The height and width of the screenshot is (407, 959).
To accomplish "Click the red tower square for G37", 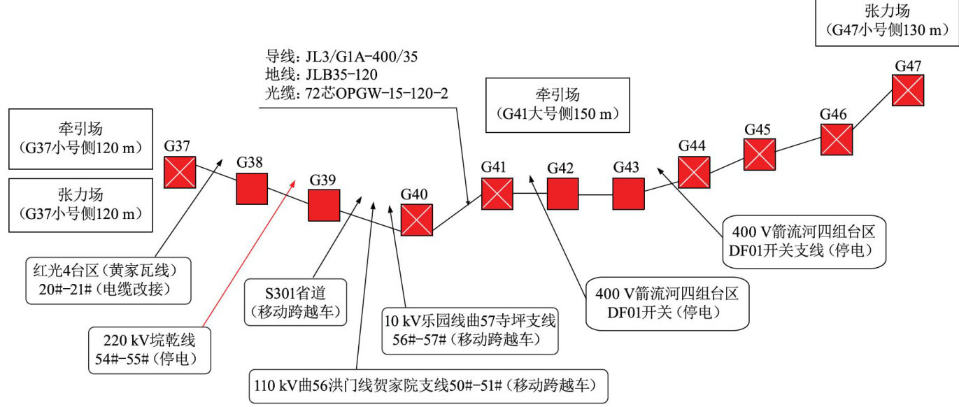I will [x=180, y=172].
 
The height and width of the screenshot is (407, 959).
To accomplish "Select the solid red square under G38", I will [x=251, y=189].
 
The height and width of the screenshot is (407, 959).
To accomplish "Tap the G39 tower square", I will [x=324, y=206].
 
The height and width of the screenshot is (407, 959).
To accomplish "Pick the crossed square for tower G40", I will [x=417, y=220].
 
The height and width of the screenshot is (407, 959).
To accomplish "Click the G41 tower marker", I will [x=497, y=194].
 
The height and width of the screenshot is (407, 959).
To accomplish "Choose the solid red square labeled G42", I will [x=562, y=194].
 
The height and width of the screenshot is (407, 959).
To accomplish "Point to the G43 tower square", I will [x=628, y=194].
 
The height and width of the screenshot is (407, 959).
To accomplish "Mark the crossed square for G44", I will [x=694, y=172].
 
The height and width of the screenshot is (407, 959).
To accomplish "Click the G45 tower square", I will [x=759, y=155].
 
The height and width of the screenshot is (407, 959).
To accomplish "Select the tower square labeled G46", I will [x=836, y=139].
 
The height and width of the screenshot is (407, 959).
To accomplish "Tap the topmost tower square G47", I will [x=908, y=90].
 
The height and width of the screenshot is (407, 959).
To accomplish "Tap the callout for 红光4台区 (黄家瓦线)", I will [x=108, y=281].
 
